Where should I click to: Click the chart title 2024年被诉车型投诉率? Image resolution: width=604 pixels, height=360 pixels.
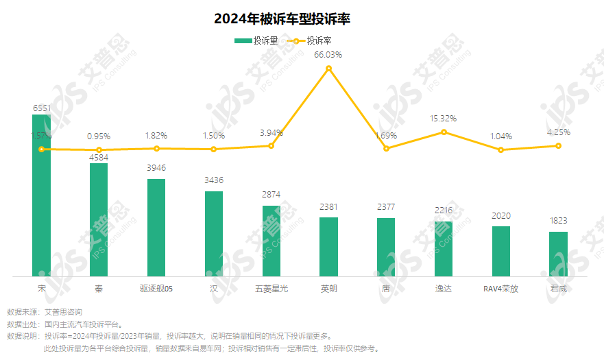click(x=282, y=19)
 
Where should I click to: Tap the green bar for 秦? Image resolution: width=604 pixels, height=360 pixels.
click(x=99, y=219)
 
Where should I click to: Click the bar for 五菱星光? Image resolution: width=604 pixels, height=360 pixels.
click(x=271, y=241)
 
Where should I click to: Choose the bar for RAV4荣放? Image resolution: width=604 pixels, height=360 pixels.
click(x=501, y=251)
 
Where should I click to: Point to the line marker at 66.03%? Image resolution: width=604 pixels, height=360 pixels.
click(x=329, y=69)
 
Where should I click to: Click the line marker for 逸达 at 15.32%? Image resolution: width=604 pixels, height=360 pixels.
click(x=444, y=132)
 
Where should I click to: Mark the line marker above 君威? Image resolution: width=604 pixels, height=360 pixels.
click(x=559, y=145)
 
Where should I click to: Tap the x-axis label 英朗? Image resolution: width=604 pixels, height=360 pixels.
click(x=329, y=289)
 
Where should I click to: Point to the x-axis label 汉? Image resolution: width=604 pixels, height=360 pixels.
click(x=214, y=289)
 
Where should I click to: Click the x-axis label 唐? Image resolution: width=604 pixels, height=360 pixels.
click(x=386, y=289)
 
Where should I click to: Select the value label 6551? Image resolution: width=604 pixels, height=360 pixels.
click(x=41, y=108)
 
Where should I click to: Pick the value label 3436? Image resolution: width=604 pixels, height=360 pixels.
click(x=214, y=180)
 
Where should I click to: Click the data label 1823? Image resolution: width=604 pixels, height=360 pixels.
click(x=559, y=221)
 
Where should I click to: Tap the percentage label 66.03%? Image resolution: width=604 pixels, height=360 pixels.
click(x=328, y=54)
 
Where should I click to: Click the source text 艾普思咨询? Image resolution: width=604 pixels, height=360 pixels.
click(x=63, y=312)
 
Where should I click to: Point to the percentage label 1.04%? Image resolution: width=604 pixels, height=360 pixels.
click(x=501, y=136)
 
